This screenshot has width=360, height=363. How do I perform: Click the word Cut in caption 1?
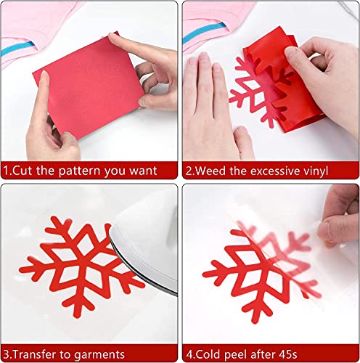click(24, 172)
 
